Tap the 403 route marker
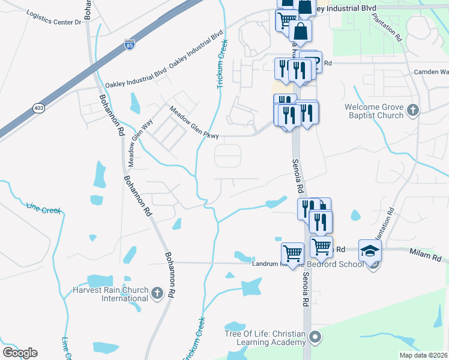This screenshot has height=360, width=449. (x=39, y=108)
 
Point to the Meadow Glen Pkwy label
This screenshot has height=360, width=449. (x=194, y=122)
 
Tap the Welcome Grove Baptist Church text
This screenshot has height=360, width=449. (x=374, y=111)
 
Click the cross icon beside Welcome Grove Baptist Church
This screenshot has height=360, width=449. (x=412, y=110)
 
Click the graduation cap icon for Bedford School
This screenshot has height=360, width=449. (x=370, y=251)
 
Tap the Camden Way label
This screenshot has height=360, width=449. (x=431, y=72)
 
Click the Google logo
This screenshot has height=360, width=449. (x=20, y=352)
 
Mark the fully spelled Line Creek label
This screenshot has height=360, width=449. (x=44, y=209)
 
